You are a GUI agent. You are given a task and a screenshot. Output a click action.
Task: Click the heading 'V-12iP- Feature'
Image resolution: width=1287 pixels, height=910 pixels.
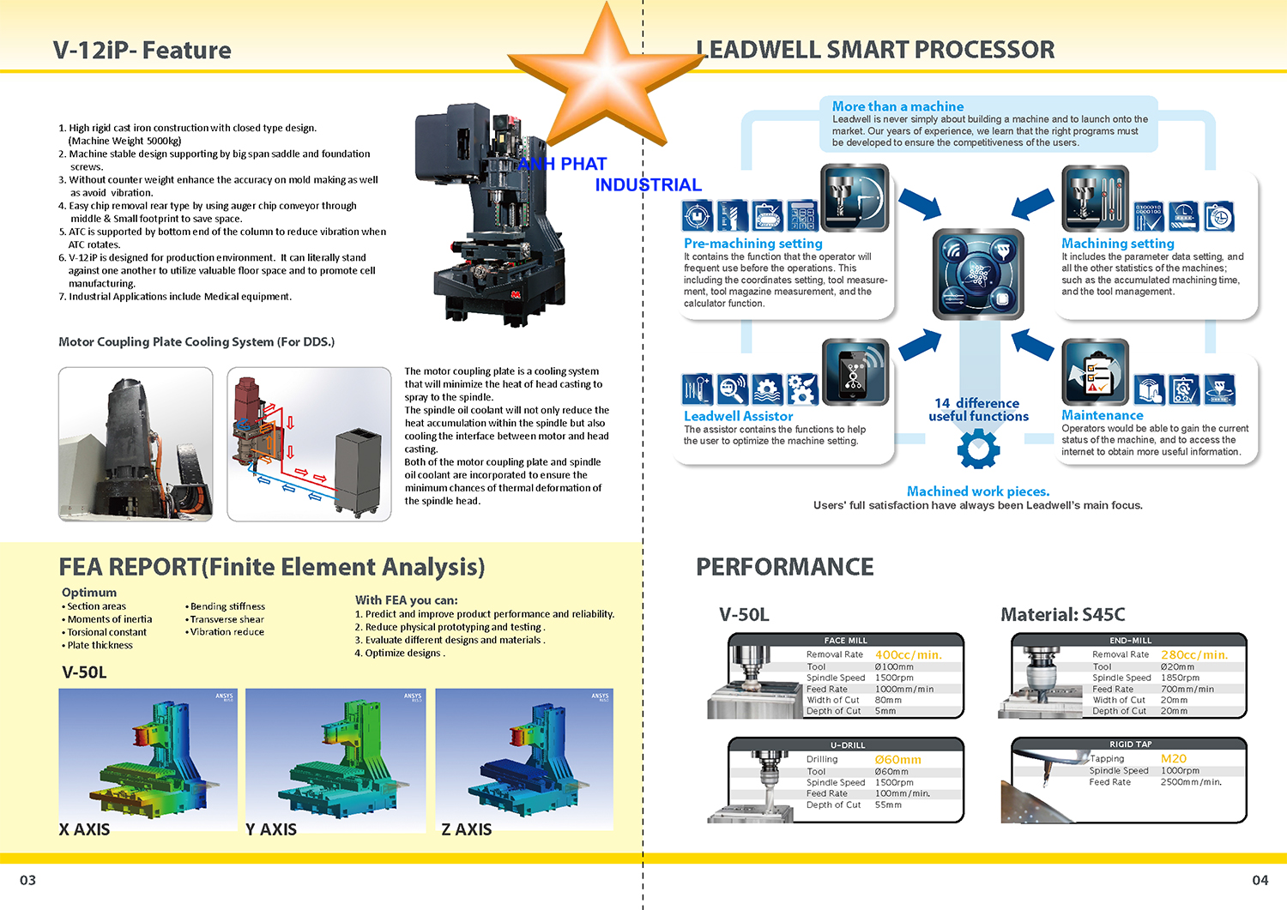142,51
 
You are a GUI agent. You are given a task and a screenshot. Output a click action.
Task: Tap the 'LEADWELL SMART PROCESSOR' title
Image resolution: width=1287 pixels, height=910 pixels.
875,50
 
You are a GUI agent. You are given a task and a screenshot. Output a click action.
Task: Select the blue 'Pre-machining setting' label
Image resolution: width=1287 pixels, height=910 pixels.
752,244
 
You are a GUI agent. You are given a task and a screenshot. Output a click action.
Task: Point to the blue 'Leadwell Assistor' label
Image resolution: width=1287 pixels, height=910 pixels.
738,416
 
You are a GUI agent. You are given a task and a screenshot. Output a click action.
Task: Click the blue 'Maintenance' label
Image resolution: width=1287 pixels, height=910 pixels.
1102,415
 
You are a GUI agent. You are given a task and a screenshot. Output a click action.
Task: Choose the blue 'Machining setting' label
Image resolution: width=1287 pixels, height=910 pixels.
1117,244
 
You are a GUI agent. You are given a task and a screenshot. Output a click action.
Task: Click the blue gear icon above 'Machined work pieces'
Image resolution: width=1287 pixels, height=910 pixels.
978,448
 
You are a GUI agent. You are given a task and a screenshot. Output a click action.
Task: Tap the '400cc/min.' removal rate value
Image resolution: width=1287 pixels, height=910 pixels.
908,654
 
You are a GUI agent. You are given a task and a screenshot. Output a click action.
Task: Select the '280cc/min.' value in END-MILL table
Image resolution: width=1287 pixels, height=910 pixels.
1193,654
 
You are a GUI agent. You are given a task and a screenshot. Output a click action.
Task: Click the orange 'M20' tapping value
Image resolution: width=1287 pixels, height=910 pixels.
1173,758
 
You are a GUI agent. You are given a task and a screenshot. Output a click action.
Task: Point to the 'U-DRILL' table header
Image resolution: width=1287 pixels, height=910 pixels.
847,744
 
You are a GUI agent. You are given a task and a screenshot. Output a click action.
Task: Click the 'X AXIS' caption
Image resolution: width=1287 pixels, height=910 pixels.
84,829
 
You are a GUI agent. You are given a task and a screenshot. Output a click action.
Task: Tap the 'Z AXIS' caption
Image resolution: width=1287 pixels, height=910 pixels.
466,829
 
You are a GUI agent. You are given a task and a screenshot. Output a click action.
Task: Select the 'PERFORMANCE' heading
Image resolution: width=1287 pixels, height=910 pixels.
784,567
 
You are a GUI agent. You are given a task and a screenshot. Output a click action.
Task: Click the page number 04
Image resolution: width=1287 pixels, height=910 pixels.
1260,880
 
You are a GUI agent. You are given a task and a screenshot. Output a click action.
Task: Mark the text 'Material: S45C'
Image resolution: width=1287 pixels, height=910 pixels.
1062,614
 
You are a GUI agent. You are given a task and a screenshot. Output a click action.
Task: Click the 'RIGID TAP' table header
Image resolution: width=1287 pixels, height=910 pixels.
1130,744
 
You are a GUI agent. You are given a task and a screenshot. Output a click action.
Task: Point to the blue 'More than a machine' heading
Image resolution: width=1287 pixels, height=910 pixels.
897,106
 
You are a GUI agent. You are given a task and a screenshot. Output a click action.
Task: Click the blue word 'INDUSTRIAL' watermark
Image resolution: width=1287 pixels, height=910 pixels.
648,184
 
